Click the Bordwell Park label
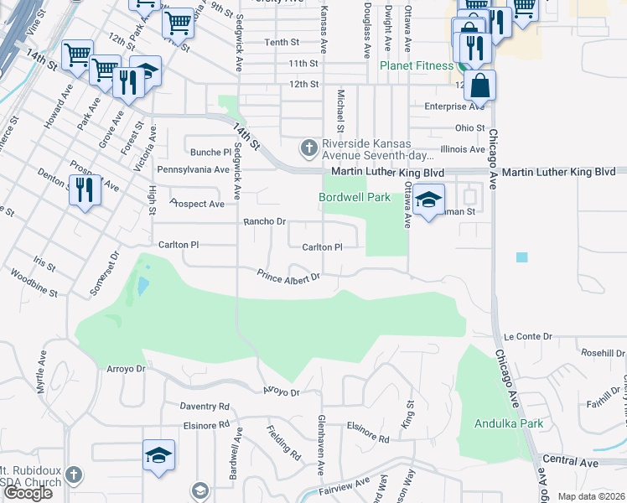tap(355, 197)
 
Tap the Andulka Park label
tap(498, 423)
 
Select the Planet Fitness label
tap(416, 65)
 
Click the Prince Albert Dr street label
tap(289, 276)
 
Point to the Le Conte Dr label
tap(528, 336)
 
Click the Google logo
tap(28, 493)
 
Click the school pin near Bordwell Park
tap(428, 201)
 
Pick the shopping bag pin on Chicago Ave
tap(480, 86)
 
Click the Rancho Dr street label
tap(265, 222)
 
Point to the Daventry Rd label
tap(205, 406)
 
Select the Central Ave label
tap(570, 462)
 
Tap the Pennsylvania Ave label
tap(193, 169)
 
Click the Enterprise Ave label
tap(454, 106)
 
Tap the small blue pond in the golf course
tap(142, 286)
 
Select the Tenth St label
tap(282, 42)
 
